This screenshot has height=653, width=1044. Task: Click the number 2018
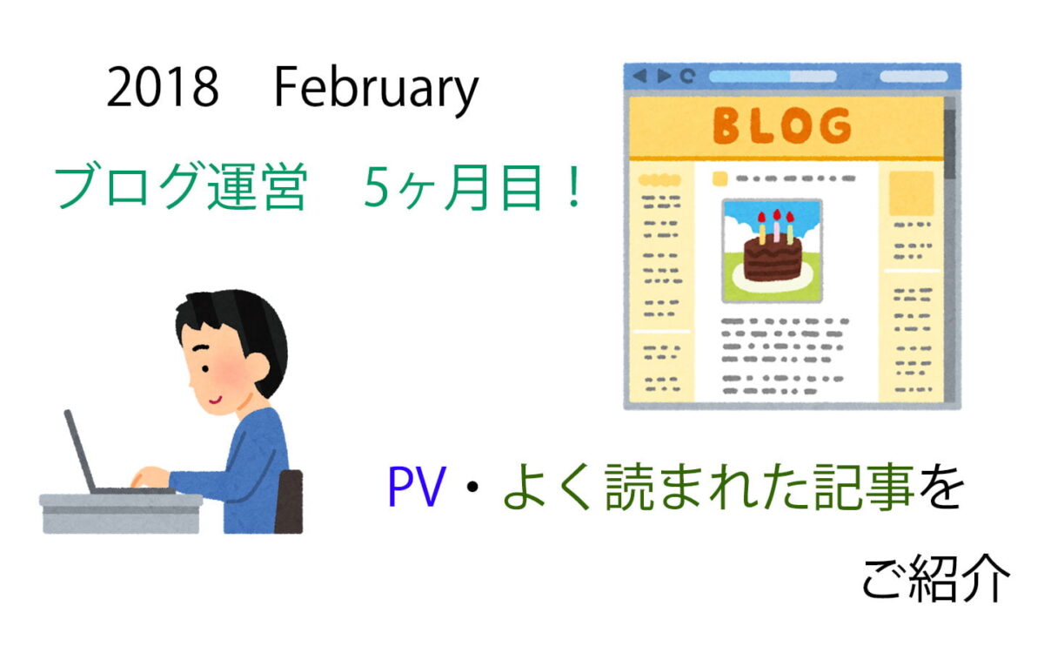pos(163,87)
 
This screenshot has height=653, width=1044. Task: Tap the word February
pos(377,90)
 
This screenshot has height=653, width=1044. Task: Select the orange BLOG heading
pos(782,125)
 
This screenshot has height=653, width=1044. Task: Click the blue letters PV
pos(417,487)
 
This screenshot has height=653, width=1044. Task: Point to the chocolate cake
pos(772,259)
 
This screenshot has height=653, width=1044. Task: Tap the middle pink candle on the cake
pos(776,226)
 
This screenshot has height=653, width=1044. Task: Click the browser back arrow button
pos(640,76)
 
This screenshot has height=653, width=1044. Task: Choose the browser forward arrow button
pos(664,76)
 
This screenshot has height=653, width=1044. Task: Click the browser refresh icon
pos(687,76)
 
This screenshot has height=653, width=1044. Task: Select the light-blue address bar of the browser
pos(773,76)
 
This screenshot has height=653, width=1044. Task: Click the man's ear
pos(257,367)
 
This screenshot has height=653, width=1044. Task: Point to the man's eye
pos(205,369)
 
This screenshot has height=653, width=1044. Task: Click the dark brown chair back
pos(289,502)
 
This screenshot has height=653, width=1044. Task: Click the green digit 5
pos(377,186)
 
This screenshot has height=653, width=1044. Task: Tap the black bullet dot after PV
pos(472,487)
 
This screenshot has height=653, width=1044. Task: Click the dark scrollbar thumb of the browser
pos(949,144)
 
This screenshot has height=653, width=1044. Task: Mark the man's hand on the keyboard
pos(149,477)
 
